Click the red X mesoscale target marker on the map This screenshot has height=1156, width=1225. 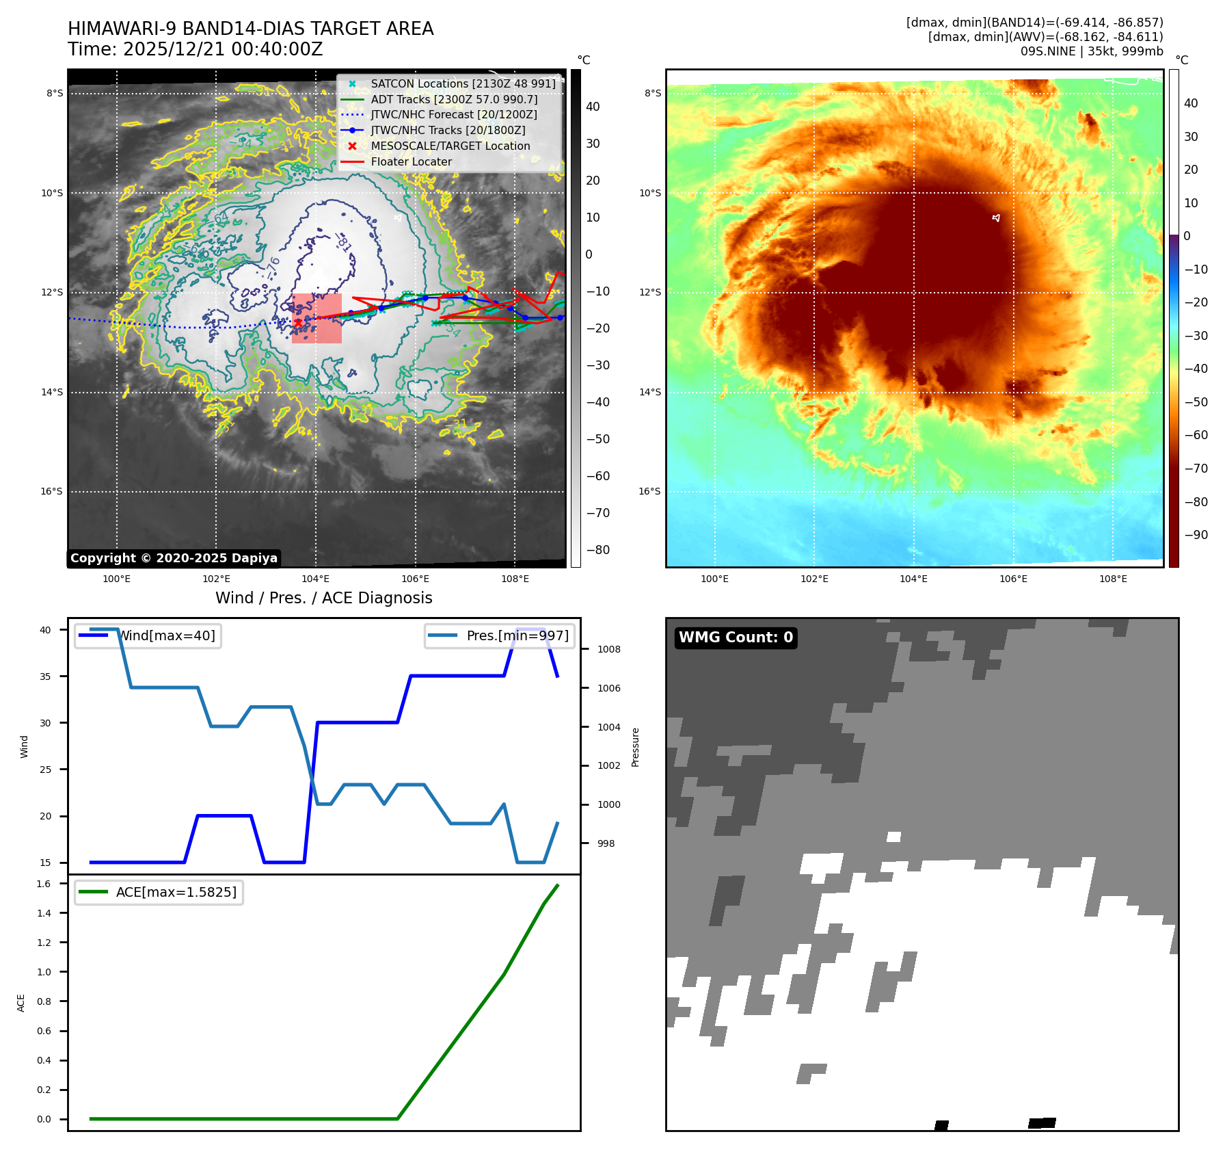[x=298, y=322]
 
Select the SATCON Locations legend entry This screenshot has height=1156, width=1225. [x=463, y=83]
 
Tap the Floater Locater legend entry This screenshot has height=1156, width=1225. [x=411, y=161]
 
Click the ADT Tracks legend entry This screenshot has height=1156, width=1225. [x=454, y=99]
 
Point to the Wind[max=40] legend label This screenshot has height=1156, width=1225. [x=167, y=635]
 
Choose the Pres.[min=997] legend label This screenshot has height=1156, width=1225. [x=517, y=635]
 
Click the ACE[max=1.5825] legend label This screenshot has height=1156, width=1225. [x=176, y=892]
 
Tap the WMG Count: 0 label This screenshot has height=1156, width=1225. [x=736, y=638]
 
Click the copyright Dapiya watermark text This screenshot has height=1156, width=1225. [x=174, y=558]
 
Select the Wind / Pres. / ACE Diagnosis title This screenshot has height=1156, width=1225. [x=323, y=598]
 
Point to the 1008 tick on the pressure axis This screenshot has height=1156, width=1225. [x=608, y=649]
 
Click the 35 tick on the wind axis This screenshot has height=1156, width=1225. [x=45, y=676]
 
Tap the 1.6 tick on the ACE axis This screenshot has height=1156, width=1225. [x=44, y=884]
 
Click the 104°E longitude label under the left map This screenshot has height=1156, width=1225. [x=315, y=579]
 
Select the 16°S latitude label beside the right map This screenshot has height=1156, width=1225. [x=649, y=491]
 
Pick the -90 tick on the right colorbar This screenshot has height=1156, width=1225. [x=1196, y=535]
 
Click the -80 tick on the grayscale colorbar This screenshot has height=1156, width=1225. [x=597, y=550]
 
